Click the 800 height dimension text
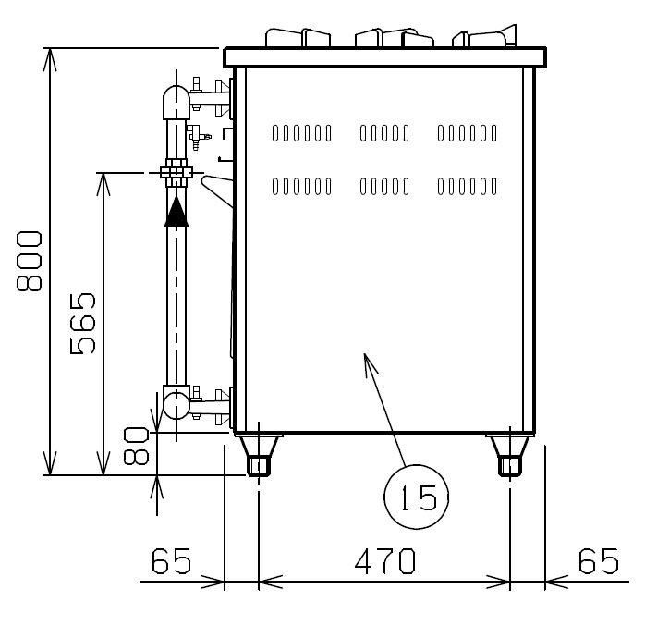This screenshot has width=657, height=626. tap(30, 261)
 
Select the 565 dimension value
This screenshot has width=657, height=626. tap(82, 324)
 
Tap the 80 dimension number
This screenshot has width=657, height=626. tap(136, 446)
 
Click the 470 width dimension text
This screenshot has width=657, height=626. tap(385, 561)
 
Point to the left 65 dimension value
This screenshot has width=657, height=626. tap(171, 561)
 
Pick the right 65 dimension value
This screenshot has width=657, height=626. tap(599, 561)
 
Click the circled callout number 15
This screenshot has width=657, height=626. tap(417, 497)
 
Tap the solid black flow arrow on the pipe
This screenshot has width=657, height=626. tap(176, 212)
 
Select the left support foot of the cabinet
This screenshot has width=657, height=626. tap(259, 455)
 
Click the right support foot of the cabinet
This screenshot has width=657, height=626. tap(510, 455)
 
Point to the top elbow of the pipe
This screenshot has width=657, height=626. tap(176, 102)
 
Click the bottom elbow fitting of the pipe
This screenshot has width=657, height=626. tap(176, 403)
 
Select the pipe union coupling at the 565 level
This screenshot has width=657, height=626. tap(176, 172)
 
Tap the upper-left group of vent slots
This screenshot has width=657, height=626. tap(301, 133)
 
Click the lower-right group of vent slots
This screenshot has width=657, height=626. tap(468, 187)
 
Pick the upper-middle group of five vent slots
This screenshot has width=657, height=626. tap(384, 133)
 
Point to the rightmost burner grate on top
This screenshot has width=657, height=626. tap(484, 36)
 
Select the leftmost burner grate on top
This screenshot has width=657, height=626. tap(298, 37)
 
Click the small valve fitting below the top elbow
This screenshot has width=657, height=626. tap(198, 135)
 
